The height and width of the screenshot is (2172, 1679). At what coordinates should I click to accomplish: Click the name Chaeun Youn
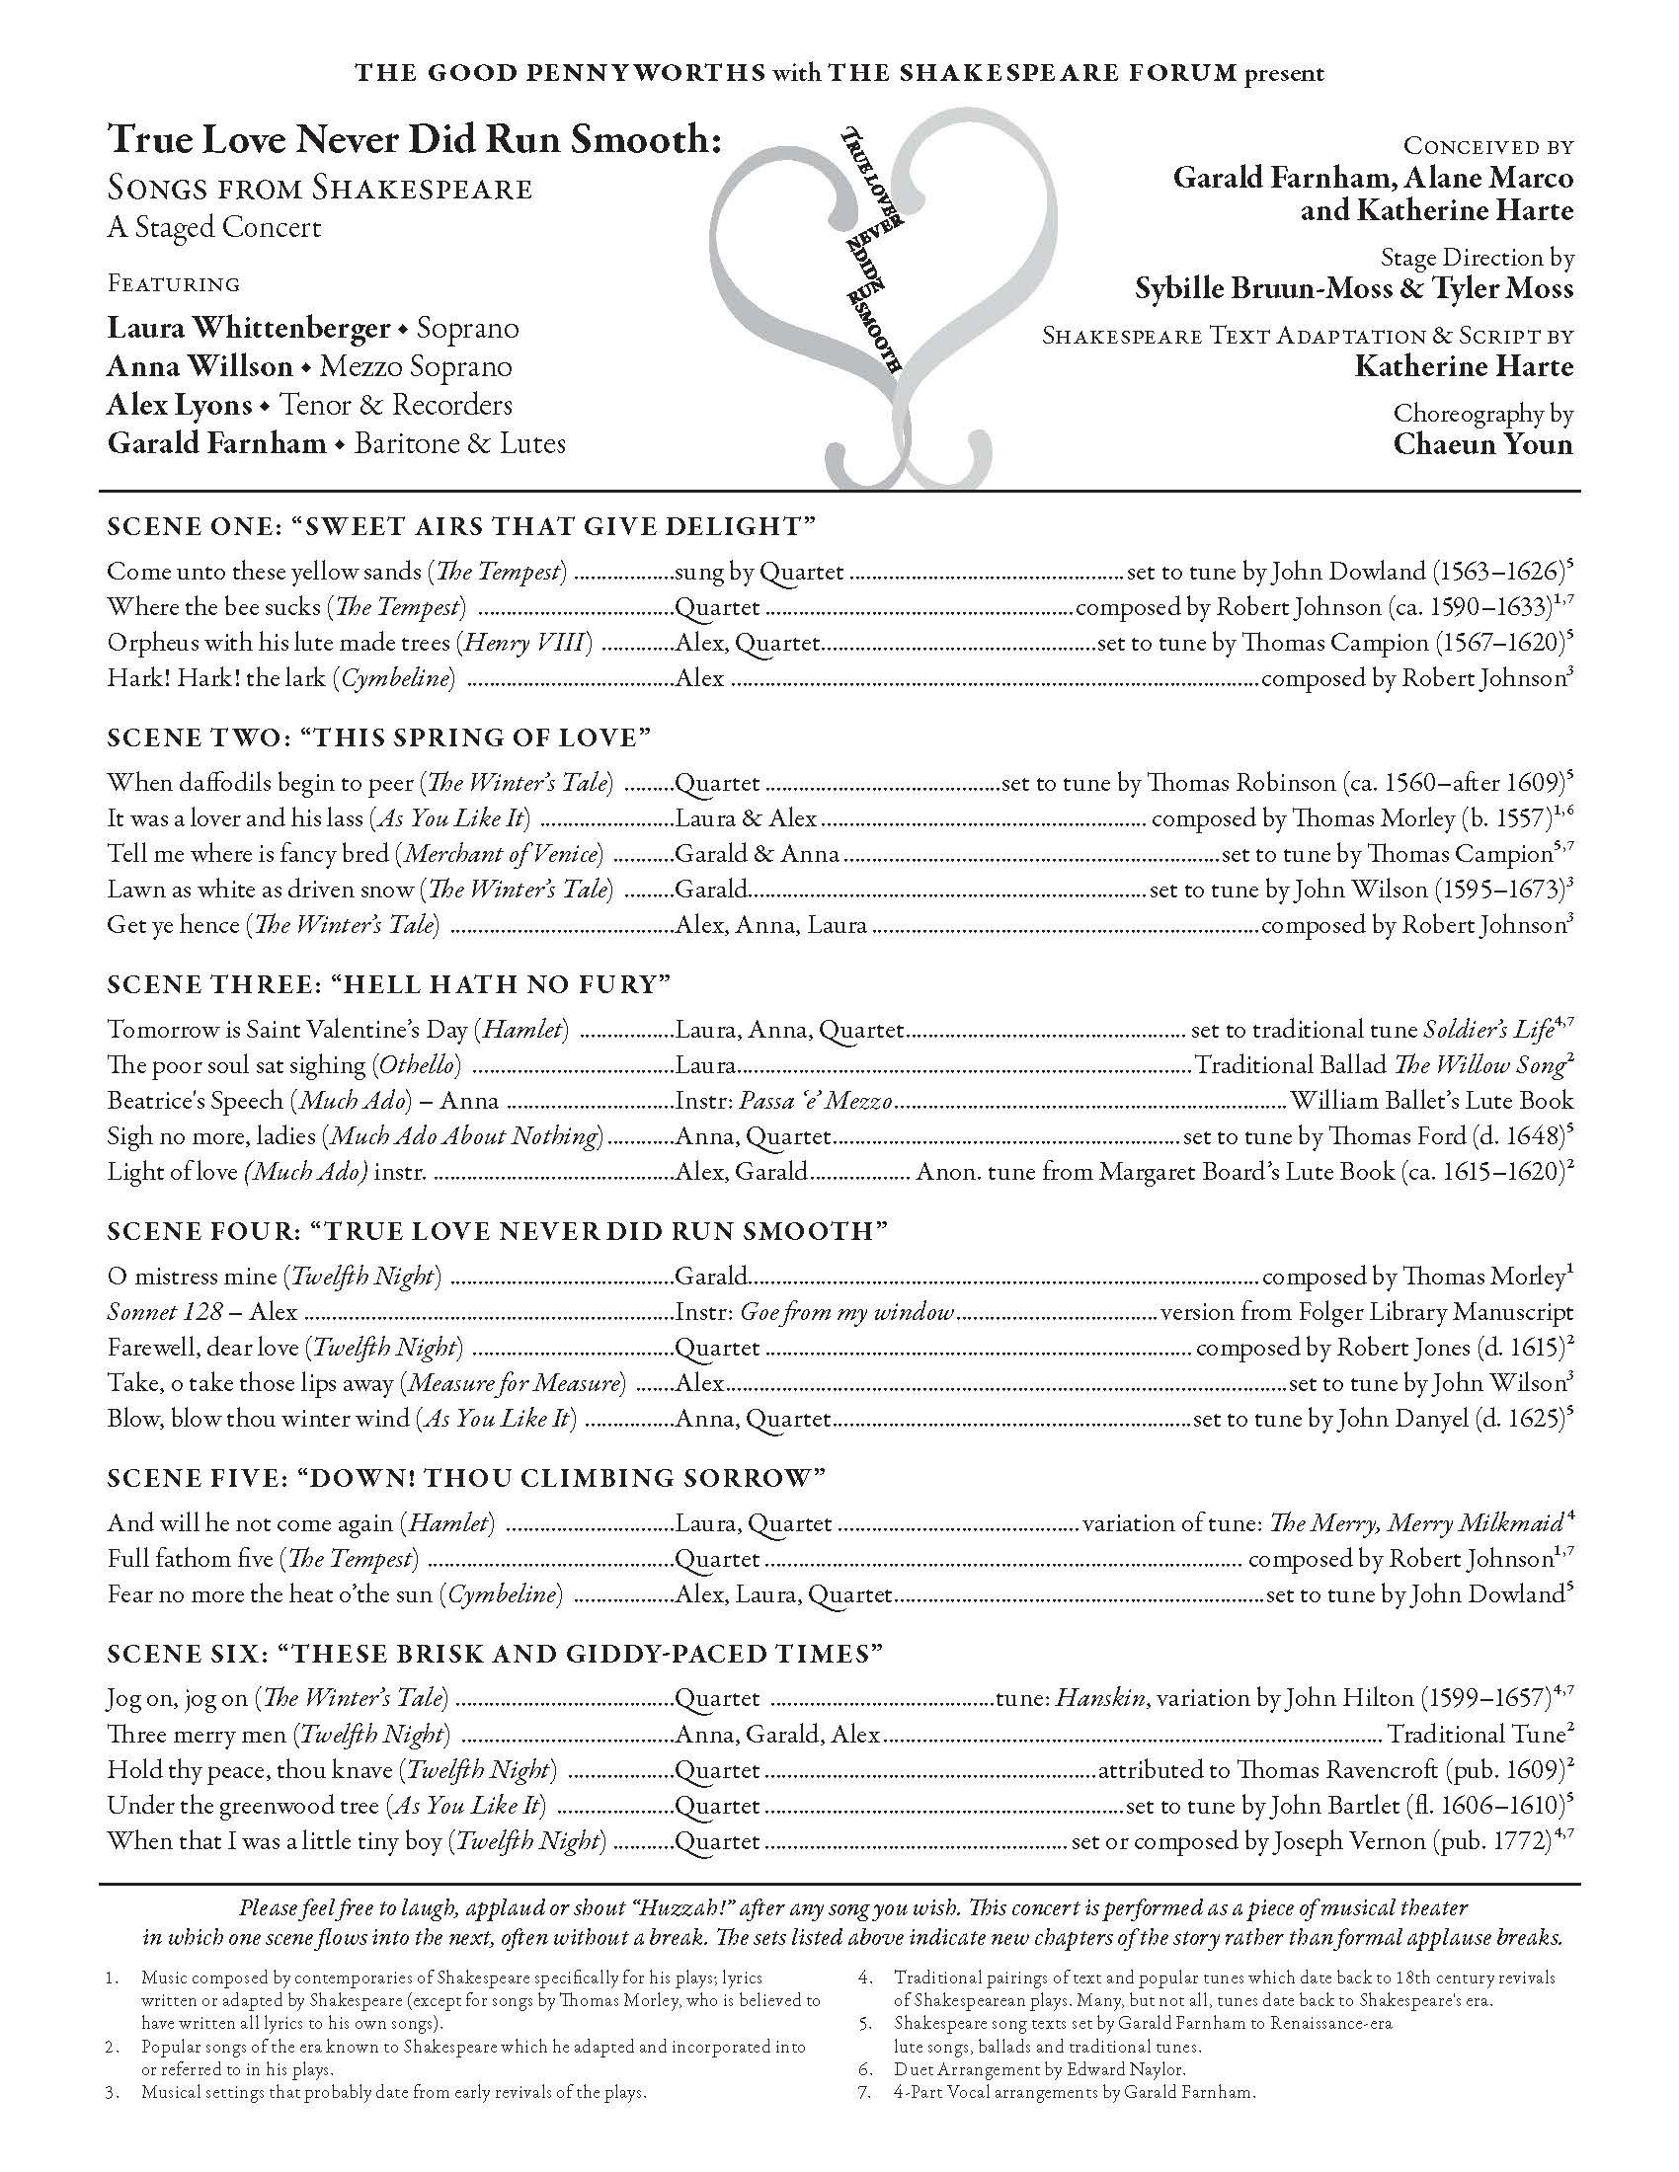tap(1482, 443)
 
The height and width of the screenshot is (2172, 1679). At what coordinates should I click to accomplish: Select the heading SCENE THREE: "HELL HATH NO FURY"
tap(389, 984)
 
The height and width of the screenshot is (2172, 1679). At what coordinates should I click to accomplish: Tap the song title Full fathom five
tap(189, 1558)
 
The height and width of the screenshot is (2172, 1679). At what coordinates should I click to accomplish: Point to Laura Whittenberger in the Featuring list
tap(249, 328)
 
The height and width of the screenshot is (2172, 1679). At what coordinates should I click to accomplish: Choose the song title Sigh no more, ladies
tap(213, 1135)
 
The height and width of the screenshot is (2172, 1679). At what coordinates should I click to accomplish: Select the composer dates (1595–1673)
tap(1500, 890)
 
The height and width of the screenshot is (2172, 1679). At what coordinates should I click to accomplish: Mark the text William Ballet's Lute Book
tap(1431, 1101)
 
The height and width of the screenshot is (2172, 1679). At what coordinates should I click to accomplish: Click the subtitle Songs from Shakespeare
tap(319, 189)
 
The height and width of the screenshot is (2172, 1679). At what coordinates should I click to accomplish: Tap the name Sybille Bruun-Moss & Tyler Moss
tap(1354, 289)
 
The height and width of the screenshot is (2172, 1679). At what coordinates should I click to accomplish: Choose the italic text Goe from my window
tap(846, 1312)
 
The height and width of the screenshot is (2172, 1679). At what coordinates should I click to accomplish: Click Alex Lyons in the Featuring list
tap(179, 406)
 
